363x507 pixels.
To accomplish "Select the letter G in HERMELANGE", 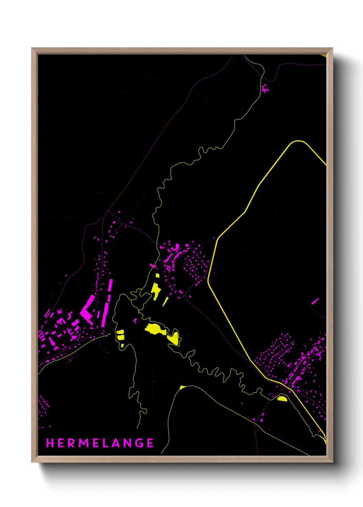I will (139, 443).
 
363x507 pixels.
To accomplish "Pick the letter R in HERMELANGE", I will (71, 443).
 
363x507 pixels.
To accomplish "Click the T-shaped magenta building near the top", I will (265, 89).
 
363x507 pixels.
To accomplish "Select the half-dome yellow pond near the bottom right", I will (282, 398).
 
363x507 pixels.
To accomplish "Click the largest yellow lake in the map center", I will (155, 329).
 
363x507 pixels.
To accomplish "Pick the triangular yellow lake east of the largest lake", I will (174, 338).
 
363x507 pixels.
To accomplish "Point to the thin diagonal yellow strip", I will (165, 301).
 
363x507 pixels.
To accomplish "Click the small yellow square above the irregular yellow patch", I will (157, 275).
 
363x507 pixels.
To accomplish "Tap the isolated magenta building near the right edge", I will (315, 301).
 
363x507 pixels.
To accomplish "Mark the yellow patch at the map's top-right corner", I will (323, 55).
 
